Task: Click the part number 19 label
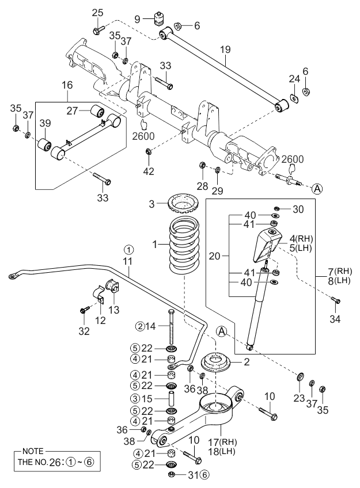point(225,49)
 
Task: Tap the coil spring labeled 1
point(184,246)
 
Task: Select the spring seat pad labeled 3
point(183,203)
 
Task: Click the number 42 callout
point(149,171)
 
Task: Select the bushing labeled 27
point(97,111)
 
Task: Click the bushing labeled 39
point(45,144)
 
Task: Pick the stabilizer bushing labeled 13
point(113,287)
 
